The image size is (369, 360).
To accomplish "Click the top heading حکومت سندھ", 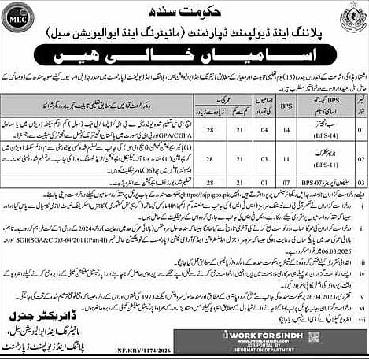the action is tap(184, 9).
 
